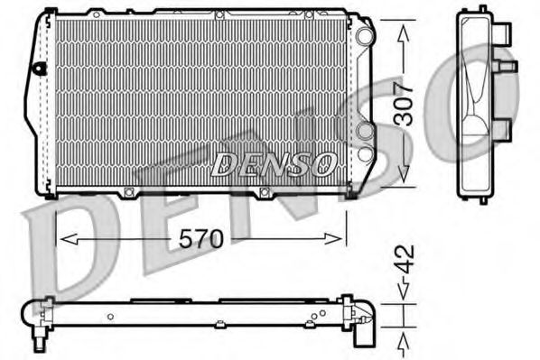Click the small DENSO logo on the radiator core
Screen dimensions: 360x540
[x=273, y=163]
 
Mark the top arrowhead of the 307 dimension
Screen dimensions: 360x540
[x=403, y=23]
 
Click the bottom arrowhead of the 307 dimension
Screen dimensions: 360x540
[x=403, y=180]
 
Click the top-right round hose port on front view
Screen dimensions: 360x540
[x=363, y=35]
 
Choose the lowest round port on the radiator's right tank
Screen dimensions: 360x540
[x=364, y=162]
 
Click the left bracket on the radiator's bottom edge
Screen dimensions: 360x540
[x=129, y=192]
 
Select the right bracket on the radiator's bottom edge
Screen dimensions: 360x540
[x=265, y=192]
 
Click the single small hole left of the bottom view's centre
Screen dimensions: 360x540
[x=108, y=316]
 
